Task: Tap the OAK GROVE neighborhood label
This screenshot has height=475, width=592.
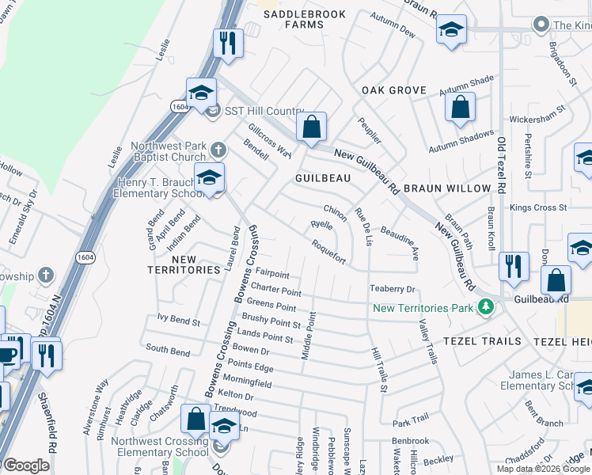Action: [394, 90]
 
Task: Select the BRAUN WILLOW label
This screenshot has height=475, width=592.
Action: [453, 189]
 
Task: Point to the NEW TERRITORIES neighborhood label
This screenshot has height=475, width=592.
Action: [184, 264]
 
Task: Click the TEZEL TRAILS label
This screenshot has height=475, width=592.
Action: [483, 340]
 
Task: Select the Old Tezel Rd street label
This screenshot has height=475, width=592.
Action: [501, 166]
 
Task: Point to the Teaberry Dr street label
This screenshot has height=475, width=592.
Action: [393, 290]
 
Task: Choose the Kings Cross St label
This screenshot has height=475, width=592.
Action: [539, 207]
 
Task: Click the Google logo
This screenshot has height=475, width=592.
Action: [26, 465]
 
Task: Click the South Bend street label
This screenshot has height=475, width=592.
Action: [167, 349]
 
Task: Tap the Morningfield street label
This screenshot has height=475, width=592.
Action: [248, 383]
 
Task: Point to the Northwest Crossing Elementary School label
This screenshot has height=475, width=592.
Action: [159, 446]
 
